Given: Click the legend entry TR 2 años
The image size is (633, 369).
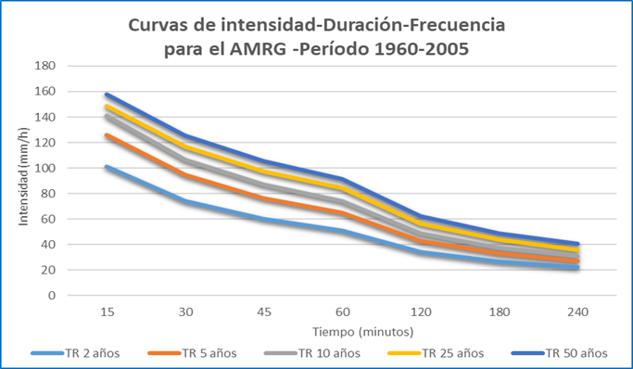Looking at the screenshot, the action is pyautogui.click(x=75, y=353).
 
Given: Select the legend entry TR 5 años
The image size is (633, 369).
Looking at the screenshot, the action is pyautogui.click(x=192, y=353).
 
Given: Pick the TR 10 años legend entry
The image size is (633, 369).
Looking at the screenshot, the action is pyautogui.click(x=312, y=353).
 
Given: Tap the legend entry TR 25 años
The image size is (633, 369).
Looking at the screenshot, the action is pyautogui.click(x=436, y=353).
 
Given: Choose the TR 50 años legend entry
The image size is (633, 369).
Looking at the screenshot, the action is pyautogui.click(x=560, y=353).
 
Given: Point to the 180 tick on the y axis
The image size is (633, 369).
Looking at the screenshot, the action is pyautogui.click(x=44, y=66).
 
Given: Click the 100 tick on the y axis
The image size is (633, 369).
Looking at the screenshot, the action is pyautogui.click(x=44, y=168).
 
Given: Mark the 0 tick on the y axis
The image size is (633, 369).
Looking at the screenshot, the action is pyautogui.click(x=52, y=296).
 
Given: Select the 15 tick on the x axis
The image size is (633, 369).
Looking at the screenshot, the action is pyautogui.click(x=108, y=312).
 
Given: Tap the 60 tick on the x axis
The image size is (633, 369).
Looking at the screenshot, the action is pyautogui.click(x=343, y=312).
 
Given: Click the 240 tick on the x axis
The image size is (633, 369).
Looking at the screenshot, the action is pyautogui.click(x=577, y=312).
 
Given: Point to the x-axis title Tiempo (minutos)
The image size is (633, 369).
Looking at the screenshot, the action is pyautogui.click(x=363, y=332).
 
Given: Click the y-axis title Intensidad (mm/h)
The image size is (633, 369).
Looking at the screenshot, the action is pyautogui.click(x=23, y=176).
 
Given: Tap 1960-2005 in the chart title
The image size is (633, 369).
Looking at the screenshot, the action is pyautogui.click(x=422, y=49).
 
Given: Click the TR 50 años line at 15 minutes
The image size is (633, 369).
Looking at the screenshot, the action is pyautogui.click(x=108, y=95).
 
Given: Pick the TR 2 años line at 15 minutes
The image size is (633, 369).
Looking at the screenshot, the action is pyautogui.click(x=108, y=167).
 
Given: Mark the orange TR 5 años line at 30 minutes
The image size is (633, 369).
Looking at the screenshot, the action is pyautogui.click(x=185, y=175).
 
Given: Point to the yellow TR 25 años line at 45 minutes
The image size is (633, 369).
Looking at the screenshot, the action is pyautogui.click(x=264, y=172).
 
